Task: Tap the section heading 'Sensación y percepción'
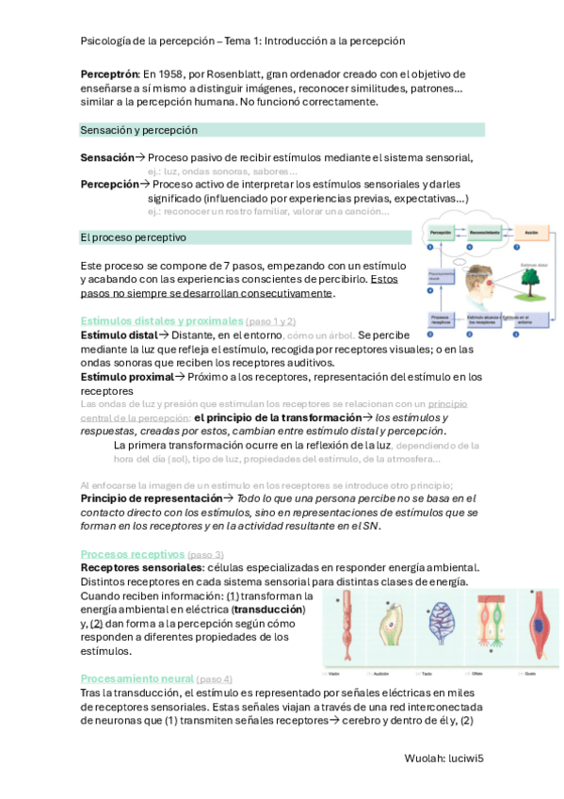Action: [x=138, y=130]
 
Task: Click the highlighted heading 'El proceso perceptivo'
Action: [x=133, y=237]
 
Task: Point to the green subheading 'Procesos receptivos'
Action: [x=132, y=553]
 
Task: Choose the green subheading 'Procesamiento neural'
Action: [x=137, y=678]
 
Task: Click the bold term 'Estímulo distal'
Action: [x=119, y=335]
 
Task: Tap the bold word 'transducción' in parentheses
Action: [x=267, y=610]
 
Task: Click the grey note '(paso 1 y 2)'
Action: [x=270, y=321]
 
